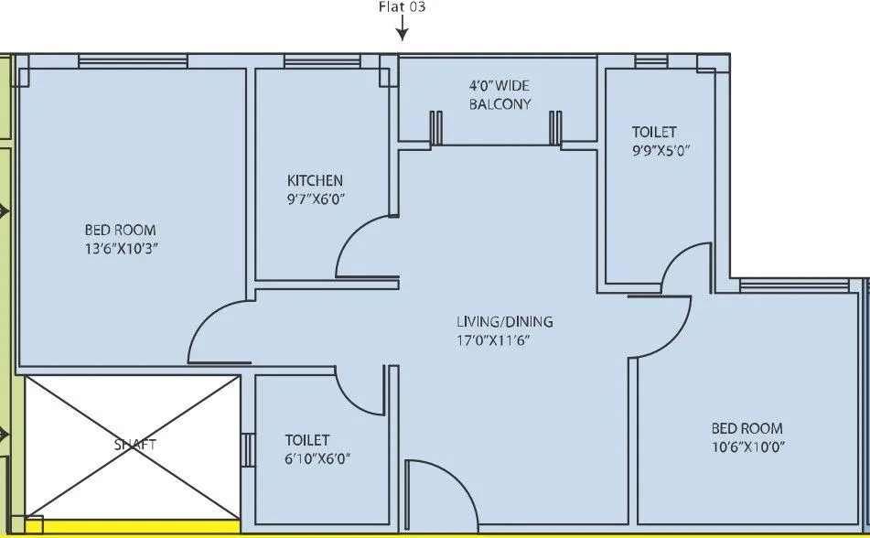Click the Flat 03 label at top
coord(402,7)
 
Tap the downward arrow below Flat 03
coord(402,31)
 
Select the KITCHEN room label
coord(315,180)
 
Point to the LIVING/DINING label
coord(504,322)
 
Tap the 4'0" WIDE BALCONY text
coord(499,94)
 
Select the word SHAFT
coord(134,445)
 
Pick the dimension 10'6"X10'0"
coord(747,447)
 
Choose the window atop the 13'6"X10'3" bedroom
coord(133,61)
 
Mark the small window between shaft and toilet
coord(246,450)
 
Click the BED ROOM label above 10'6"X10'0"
coord(747,428)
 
